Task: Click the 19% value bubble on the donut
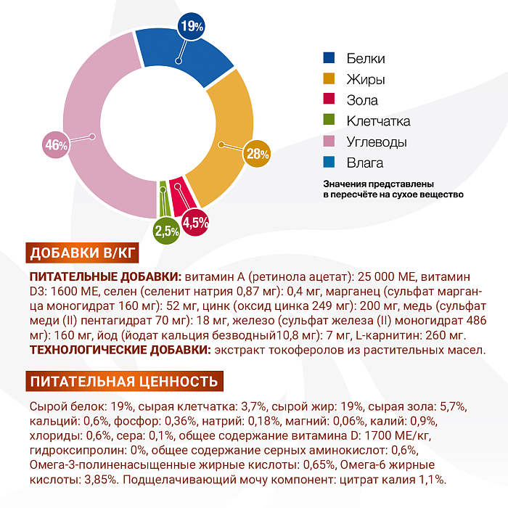191,27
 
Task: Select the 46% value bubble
56,144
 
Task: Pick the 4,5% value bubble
195,221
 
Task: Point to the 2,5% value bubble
166,232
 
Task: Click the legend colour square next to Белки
329,58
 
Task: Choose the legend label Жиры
365,79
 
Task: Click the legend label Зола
362,100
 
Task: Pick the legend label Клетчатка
378,121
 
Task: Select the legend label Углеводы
376,142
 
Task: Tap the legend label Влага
364,163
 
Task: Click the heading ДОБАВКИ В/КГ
82,253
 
